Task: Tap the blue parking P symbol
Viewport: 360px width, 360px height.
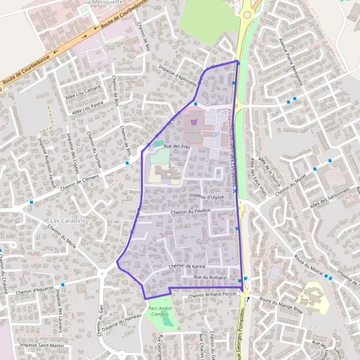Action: click(x=217, y=135)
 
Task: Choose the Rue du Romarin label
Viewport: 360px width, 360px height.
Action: click(x=210, y=277)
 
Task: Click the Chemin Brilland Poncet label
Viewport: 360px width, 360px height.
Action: click(x=212, y=295)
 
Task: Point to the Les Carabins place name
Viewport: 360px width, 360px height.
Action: click(x=68, y=220)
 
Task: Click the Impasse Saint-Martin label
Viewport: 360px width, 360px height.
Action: click(x=41, y=346)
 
